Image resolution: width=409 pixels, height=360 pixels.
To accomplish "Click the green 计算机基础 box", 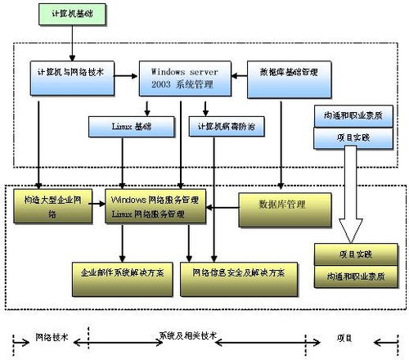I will [72, 14].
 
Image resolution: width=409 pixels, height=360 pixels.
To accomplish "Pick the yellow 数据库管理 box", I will [284, 208].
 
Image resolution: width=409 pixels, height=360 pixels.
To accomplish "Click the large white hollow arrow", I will [353, 192].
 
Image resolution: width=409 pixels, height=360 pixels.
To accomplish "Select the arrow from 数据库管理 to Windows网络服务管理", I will [222, 206].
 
